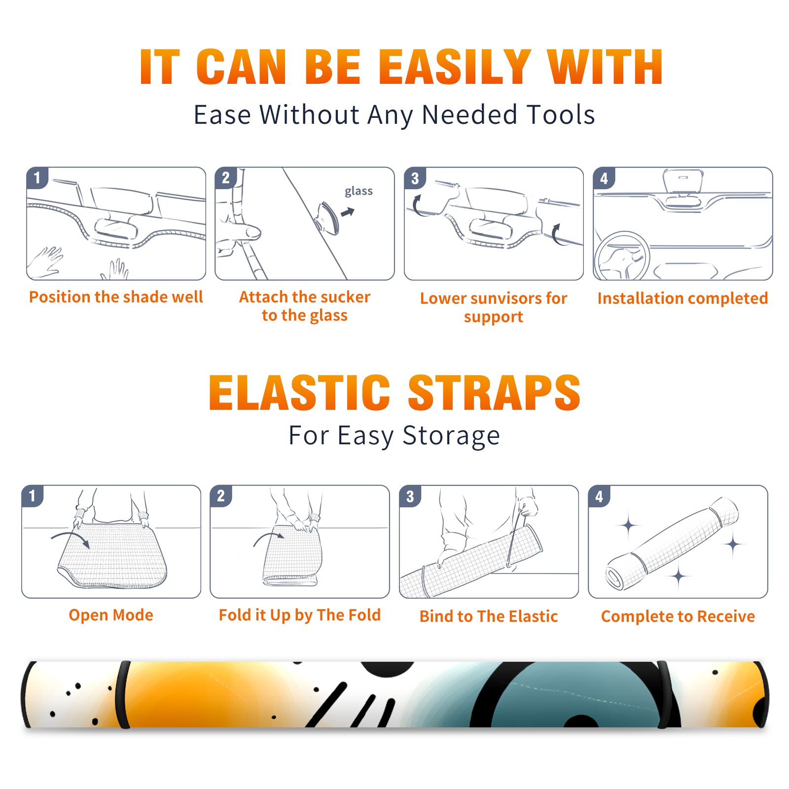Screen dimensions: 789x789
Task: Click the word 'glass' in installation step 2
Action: tap(359, 191)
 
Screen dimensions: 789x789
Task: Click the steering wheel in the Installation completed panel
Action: tap(622, 256)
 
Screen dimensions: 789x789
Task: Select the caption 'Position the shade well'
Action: tap(116, 297)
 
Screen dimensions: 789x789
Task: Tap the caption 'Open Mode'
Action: tap(111, 615)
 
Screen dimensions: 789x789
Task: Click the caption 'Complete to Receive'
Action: tap(678, 616)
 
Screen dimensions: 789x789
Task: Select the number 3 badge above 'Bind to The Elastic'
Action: tap(410, 496)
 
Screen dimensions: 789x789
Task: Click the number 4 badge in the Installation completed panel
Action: tap(604, 178)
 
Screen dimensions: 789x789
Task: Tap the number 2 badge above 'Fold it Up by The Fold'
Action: tap(221, 496)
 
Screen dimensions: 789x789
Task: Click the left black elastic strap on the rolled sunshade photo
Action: tap(124, 694)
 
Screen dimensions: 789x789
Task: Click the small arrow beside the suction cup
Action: tap(348, 212)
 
